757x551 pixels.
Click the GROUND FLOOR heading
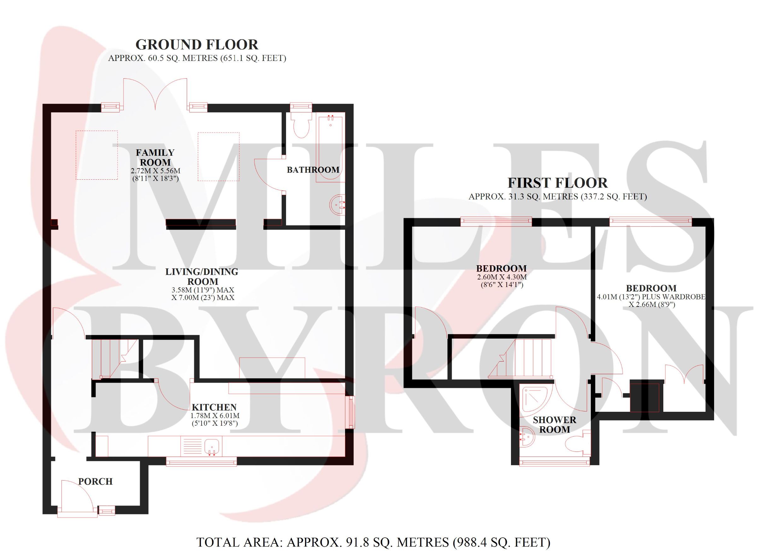tap(197, 45)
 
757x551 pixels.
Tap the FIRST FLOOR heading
tap(558, 183)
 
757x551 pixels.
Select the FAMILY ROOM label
tap(155, 157)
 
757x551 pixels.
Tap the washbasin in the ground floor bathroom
tap(337, 205)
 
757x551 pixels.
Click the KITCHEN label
tap(214, 407)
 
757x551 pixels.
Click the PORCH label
tap(96, 481)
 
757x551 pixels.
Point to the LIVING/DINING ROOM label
tap(202, 276)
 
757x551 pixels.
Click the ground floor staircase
tap(115, 359)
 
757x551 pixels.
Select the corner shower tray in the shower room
tap(534, 400)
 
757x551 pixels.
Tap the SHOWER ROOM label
tap(555, 425)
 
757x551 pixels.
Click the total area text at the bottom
tap(373, 542)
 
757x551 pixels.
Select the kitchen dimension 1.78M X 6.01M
tap(215, 416)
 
